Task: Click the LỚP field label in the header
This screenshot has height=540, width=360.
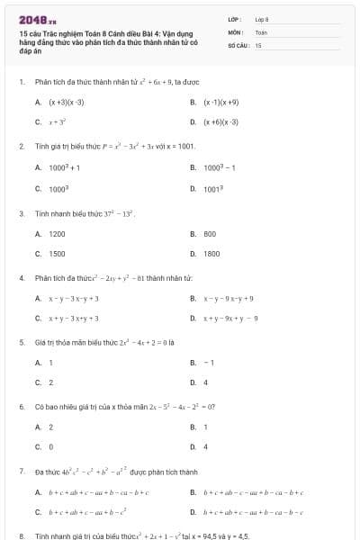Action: point(235,18)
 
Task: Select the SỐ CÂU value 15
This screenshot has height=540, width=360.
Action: point(258,44)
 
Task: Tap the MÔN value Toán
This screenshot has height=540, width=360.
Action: point(262,31)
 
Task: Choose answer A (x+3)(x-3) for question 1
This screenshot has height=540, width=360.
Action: point(67,103)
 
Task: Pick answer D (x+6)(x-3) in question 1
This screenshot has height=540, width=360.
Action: point(220,121)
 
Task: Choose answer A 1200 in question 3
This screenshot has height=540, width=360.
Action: point(57,233)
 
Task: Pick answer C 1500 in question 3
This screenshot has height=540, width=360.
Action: point(57,254)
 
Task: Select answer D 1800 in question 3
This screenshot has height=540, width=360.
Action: point(212,254)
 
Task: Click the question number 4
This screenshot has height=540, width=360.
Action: point(22,278)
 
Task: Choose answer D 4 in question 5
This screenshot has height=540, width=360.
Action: point(206,382)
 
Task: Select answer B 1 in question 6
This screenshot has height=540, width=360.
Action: point(206,427)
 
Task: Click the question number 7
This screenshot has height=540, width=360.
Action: point(22,471)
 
